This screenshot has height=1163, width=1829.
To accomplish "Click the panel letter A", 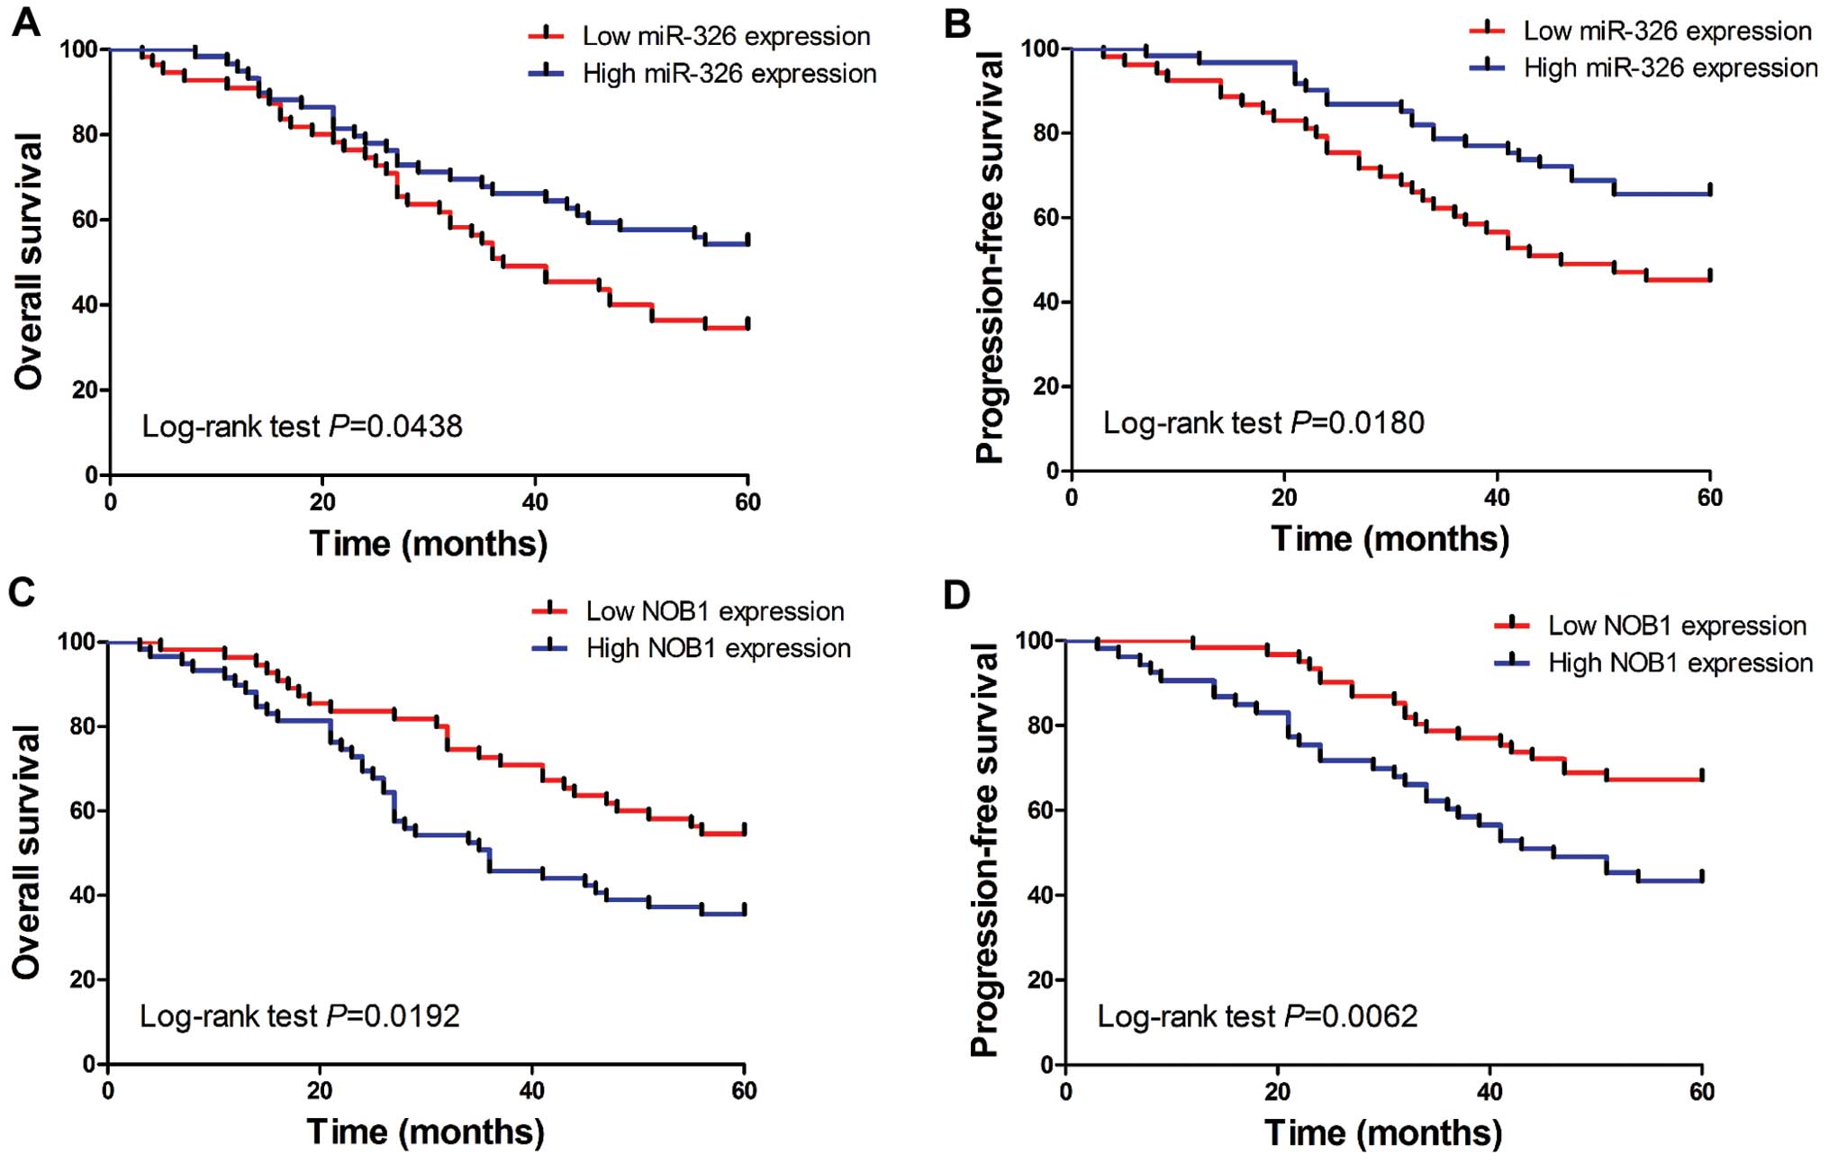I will (26, 22).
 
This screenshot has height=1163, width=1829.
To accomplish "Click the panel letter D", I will (956, 595).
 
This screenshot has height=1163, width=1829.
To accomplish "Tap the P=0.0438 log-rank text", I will (302, 426).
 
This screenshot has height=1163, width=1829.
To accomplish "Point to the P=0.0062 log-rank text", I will (1257, 1016).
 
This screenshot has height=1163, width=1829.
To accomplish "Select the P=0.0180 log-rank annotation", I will (1263, 422).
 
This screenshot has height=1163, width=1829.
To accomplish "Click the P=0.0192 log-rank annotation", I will (299, 1016).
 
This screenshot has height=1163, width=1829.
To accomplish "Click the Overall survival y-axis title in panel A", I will (29, 261).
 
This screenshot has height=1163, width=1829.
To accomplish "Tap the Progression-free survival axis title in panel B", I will (990, 257).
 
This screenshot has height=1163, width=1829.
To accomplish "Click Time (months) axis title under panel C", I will (425, 1131).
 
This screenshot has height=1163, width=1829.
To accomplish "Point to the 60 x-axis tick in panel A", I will (747, 501).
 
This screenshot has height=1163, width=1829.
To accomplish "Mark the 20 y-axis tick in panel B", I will (1046, 387).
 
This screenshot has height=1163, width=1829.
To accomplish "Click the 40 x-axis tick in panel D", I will (1489, 1092).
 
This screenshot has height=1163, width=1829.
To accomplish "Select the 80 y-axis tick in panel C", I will (83, 726).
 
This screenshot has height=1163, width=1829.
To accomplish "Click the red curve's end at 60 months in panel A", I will (747, 327).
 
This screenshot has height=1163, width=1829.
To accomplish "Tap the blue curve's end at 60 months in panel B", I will (1709, 193).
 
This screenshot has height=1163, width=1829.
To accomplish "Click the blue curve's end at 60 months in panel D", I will (1701, 879).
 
